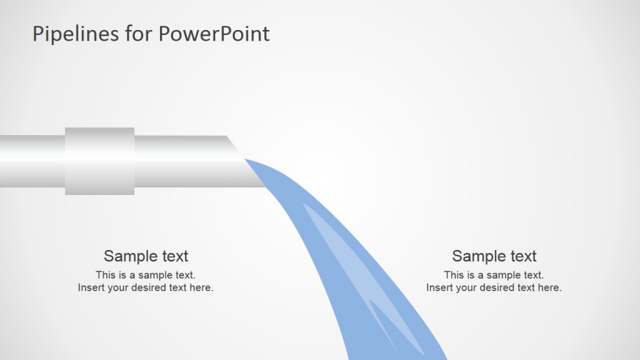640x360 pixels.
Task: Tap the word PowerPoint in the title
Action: click(x=214, y=34)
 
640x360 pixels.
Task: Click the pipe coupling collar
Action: click(x=99, y=161)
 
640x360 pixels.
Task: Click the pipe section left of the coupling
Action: click(x=31, y=161)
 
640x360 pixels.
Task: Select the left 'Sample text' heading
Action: click(x=146, y=256)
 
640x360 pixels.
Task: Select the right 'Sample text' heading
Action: click(x=494, y=256)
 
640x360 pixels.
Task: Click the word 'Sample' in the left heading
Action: click(x=128, y=256)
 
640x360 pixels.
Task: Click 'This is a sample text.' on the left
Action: click(x=146, y=275)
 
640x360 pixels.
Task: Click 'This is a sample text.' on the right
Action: click(x=494, y=275)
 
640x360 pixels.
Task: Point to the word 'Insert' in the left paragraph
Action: click(x=91, y=288)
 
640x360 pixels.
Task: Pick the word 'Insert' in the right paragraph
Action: click(x=439, y=288)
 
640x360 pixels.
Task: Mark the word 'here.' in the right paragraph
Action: click(x=550, y=288)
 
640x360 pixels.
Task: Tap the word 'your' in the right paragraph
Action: click(x=466, y=288)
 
